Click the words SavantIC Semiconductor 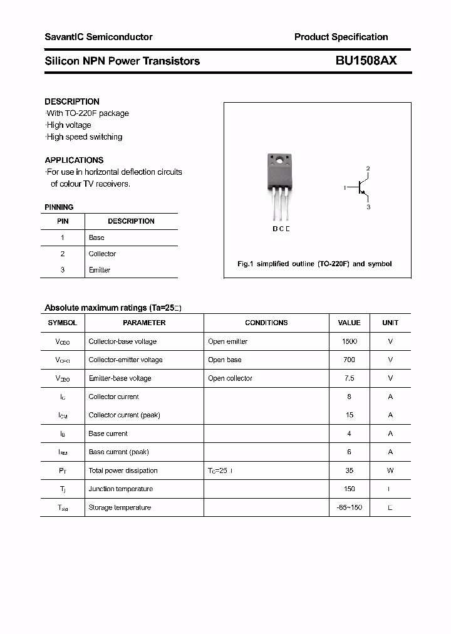[x=98, y=37]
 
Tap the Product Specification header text [x=341, y=37]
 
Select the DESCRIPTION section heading [x=72, y=101]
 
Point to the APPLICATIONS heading [x=74, y=160]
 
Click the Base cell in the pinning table [x=96, y=237]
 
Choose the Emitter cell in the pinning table [x=99, y=270]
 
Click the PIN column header [x=63, y=221]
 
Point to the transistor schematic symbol [x=362, y=187]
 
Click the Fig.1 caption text [x=314, y=264]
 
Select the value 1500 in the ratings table [x=349, y=341]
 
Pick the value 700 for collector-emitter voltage [x=349, y=360]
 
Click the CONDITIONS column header [x=266, y=323]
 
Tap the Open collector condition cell [x=230, y=378]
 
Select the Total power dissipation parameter [x=123, y=470]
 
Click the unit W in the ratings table [x=390, y=470]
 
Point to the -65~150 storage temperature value [x=349, y=507]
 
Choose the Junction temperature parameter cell [x=120, y=489]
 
